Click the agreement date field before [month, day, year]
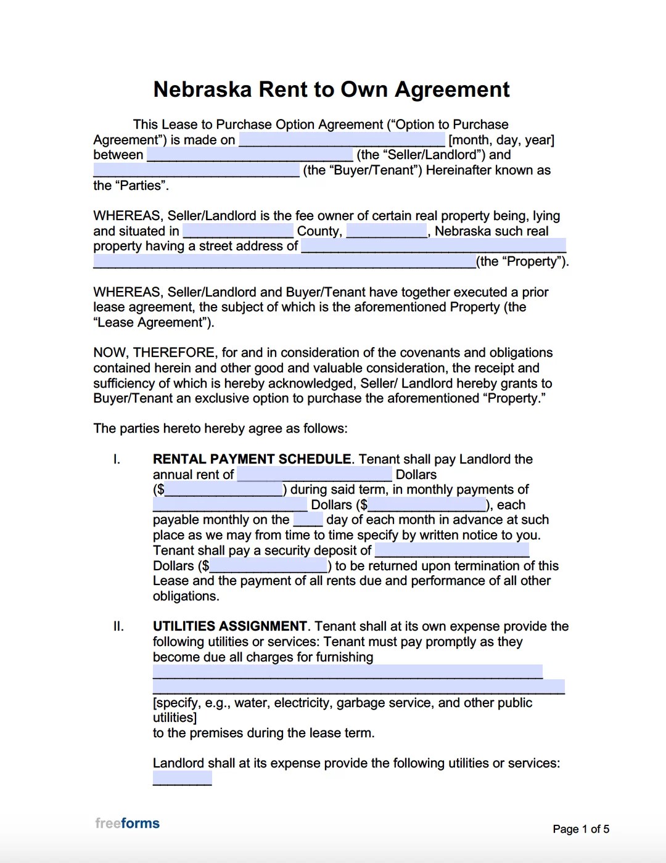coord(342,140)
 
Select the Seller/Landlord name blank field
coord(250,155)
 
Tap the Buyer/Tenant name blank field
coord(196,170)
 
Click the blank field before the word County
coord(238,231)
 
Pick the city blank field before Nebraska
coord(387,231)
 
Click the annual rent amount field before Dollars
coord(314,475)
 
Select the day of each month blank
coord(308,520)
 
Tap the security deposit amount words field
coord(452,550)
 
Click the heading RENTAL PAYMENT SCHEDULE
coord(252,459)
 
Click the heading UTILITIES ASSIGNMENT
coord(230,626)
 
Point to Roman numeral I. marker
coord(117,459)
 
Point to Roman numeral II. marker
coord(118,626)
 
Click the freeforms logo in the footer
coord(127,824)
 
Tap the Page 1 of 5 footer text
coord(580,829)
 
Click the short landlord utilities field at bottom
coord(182,779)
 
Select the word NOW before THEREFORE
coord(111,353)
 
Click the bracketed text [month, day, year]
coord(501,140)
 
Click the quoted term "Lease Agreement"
coord(154,322)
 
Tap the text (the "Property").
coord(522,261)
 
